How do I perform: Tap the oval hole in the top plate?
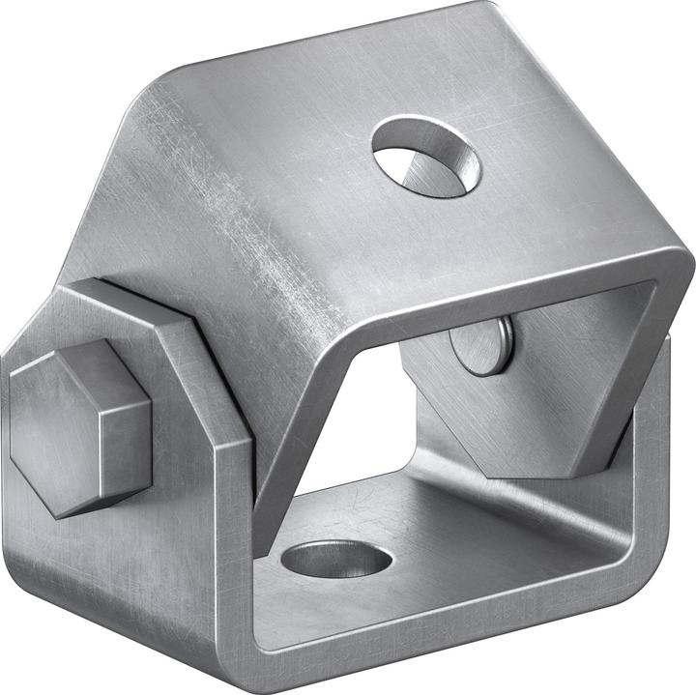coord(426,156)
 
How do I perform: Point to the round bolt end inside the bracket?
coord(481,346)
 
